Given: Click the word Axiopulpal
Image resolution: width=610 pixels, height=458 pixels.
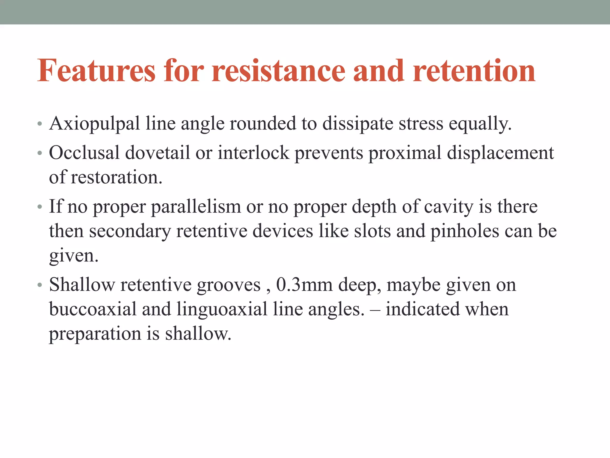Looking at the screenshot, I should [94, 124].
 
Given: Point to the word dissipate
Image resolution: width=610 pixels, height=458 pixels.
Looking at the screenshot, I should [358, 124].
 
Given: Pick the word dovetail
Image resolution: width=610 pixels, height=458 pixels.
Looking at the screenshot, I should [157, 153].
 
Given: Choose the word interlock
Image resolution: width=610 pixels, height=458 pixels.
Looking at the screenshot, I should [253, 153].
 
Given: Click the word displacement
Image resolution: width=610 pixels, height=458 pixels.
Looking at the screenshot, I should [500, 153].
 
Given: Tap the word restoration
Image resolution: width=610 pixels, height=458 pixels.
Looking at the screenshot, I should [116, 177].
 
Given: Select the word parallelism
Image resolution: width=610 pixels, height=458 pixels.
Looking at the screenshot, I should [196, 206].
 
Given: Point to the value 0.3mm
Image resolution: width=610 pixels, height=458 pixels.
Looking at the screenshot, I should [304, 284].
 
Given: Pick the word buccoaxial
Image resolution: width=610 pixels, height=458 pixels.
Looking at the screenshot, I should [93, 309].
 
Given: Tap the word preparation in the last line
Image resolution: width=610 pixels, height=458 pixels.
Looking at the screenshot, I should [95, 334].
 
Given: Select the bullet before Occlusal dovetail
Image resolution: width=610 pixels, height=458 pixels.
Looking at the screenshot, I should [40, 153].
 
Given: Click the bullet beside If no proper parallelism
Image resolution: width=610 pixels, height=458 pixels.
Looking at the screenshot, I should [40, 207].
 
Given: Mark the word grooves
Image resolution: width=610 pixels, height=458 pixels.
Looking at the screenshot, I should [229, 285].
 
